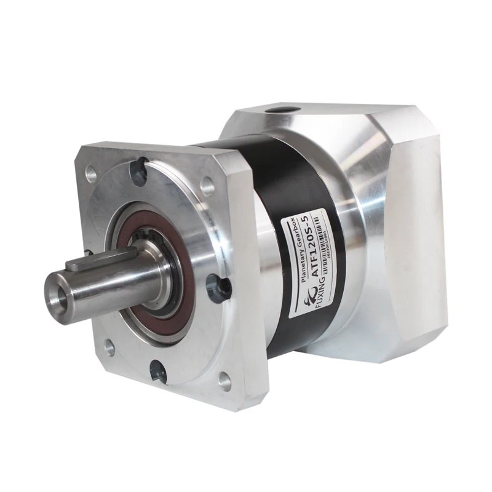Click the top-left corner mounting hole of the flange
point(92,175)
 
